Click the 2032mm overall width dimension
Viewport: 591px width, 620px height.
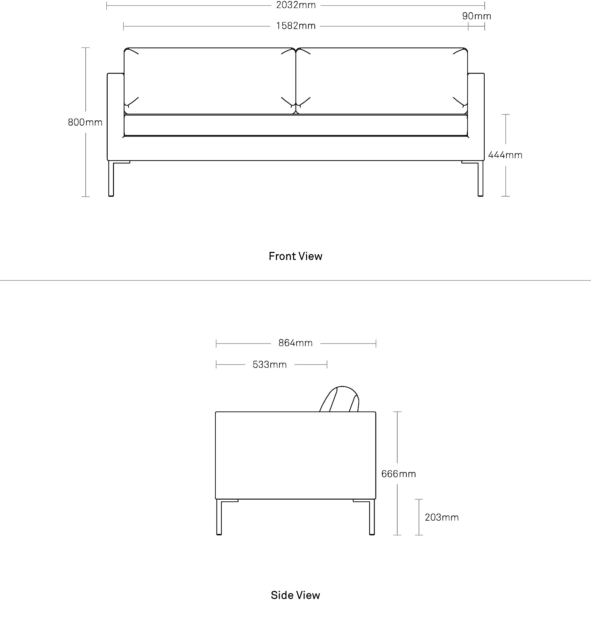pos(296,5)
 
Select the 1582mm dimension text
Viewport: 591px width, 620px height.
pos(296,26)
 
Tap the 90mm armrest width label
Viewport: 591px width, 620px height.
pos(477,16)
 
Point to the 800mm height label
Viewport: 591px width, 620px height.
pos(85,122)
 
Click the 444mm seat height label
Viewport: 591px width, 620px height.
pos(505,155)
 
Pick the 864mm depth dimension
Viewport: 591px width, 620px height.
pos(295,343)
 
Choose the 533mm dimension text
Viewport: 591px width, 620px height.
pos(270,365)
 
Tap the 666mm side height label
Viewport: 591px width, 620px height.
pos(399,474)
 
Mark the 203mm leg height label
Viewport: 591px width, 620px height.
pos(442,517)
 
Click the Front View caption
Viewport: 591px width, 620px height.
pos(295,256)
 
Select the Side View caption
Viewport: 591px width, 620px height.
pos(295,595)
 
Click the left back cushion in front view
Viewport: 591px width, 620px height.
pos(210,81)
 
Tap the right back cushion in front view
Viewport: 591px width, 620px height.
pos(382,81)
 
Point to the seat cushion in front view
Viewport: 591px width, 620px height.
pos(296,125)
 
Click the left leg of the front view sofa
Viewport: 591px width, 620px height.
pos(111,178)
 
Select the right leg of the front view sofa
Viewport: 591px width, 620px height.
pos(480,178)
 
